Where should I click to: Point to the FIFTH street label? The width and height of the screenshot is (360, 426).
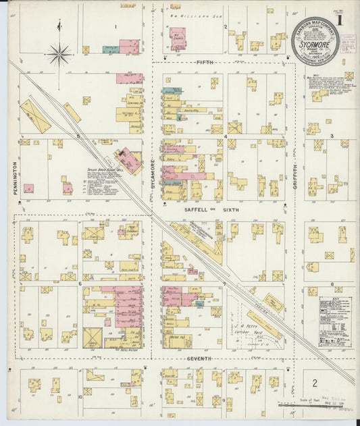(x=205, y=62)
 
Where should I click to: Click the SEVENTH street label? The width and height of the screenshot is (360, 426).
(x=199, y=358)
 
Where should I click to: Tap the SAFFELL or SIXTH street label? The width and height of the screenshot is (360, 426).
(x=201, y=210)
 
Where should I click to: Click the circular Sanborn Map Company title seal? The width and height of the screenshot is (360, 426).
(x=316, y=41)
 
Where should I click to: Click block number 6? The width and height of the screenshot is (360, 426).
(x=80, y=284)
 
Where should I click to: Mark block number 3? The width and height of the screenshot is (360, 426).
(x=332, y=136)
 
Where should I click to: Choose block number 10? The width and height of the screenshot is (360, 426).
(x=80, y=397)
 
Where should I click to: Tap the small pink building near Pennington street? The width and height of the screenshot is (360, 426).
(x=28, y=188)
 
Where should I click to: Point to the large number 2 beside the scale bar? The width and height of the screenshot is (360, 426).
(x=314, y=382)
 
